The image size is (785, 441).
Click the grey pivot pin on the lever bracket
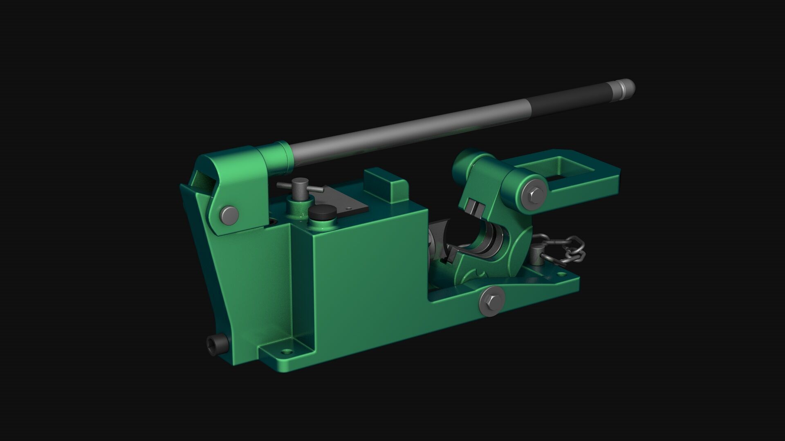229,214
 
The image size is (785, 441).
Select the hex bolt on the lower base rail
491,301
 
